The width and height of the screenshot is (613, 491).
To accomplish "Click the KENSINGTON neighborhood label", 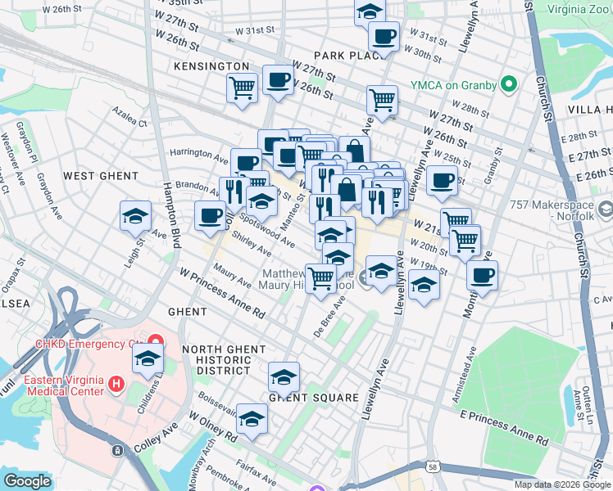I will coord(211,65).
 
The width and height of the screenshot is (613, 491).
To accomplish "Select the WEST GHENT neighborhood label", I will coord(101,176).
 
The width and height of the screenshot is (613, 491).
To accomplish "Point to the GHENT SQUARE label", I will coord(315,398).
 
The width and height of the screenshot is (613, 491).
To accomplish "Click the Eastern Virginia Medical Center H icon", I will coord(116,383).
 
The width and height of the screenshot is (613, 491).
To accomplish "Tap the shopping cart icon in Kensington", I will coord(243,87).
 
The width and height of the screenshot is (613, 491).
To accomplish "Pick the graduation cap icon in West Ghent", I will coord(136,216).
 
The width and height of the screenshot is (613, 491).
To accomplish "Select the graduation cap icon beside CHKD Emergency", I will coord(148,358).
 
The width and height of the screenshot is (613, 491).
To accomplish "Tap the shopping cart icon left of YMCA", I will coord(382,100).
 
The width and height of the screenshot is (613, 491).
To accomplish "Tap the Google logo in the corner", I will coord(28,481).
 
